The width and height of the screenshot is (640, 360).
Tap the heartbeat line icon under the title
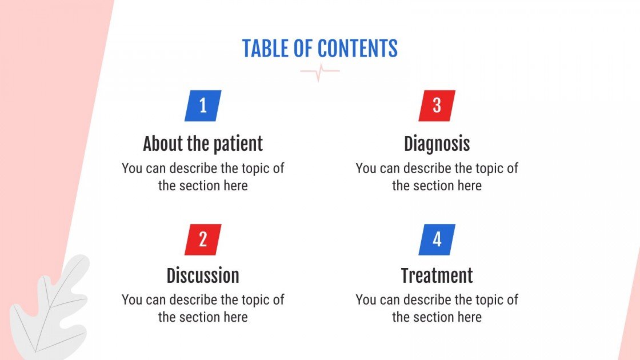[x=320, y=72]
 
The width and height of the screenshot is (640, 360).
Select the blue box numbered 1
[x=203, y=106]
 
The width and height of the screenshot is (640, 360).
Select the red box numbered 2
[x=203, y=239]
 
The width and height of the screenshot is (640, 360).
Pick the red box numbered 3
[x=437, y=106]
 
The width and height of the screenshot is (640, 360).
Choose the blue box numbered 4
[x=437, y=239]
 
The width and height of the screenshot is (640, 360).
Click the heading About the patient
[x=203, y=143]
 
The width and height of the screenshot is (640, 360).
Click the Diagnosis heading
[x=437, y=143]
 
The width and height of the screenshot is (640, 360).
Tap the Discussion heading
[x=203, y=276]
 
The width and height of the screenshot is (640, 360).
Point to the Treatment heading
[x=437, y=276]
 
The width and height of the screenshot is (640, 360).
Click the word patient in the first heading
[x=238, y=143]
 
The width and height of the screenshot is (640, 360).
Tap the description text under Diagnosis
[x=437, y=177]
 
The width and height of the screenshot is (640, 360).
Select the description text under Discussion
[x=203, y=309]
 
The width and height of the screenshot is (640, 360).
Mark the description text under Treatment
[x=437, y=309]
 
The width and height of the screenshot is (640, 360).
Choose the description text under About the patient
[x=203, y=177]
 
